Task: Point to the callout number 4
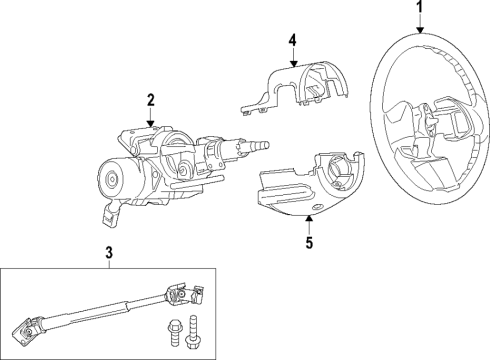point(294,41)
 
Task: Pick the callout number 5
point(309,242)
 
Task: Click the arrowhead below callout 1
point(420,29)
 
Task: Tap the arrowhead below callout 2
point(150,122)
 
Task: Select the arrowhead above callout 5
point(309,220)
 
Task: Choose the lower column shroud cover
point(310,185)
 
